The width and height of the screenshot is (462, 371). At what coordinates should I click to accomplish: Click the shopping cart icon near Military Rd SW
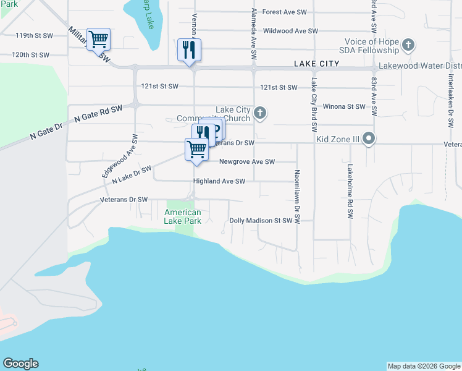pyautogui.click(x=98, y=40)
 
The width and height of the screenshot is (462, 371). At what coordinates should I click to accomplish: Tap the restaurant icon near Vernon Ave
pyautogui.click(x=189, y=49)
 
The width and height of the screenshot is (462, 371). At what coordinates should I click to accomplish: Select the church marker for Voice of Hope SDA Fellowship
pyautogui.click(x=408, y=45)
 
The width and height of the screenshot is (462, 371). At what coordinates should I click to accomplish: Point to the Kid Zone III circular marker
pyautogui.click(x=369, y=138)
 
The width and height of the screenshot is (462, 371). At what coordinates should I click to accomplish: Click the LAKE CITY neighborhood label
pyautogui.click(x=317, y=64)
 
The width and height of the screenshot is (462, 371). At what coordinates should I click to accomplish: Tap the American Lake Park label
pyautogui.click(x=183, y=216)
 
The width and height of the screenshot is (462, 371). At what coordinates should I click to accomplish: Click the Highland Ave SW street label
pyautogui.click(x=219, y=181)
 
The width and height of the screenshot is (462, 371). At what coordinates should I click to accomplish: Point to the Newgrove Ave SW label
pyautogui.click(x=246, y=162)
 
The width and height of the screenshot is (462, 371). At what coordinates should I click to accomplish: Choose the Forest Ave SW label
pyautogui.click(x=285, y=12)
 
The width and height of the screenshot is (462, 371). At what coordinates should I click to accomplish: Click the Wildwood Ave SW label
pyautogui.click(x=290, y=30)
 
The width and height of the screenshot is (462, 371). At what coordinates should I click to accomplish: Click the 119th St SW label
pyautogui.click(x=32, y=35)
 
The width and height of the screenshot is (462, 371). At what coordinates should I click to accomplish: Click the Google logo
pyautogui.click(x=20, y=364)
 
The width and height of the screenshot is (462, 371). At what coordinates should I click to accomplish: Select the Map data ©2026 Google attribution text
pyautogui.click(x=424, y=366)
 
